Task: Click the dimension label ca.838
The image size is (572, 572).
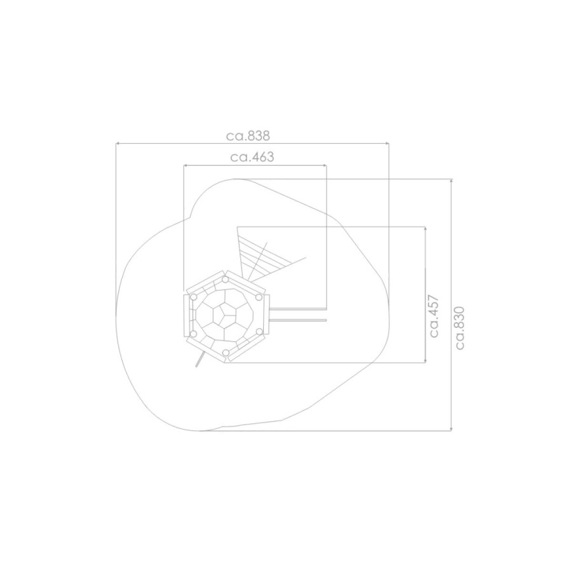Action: click(x=248, y=136)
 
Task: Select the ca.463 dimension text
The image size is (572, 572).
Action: click(x=252, y=157)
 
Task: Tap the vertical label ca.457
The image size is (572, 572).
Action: click(x=434, y=316)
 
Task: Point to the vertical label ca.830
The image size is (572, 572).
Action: click(x=460, y=328)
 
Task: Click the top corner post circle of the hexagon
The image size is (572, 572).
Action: click(x=226, y=280)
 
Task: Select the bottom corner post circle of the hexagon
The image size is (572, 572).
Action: click(x=226, y=353)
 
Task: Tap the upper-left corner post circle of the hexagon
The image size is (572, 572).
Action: click(x=194, y=297)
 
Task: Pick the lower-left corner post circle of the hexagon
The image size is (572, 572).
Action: click(x=194, y=334)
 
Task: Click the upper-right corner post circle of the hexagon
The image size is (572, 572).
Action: click(x=259, y=297)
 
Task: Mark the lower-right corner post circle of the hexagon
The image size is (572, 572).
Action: click(x=259, y=332)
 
